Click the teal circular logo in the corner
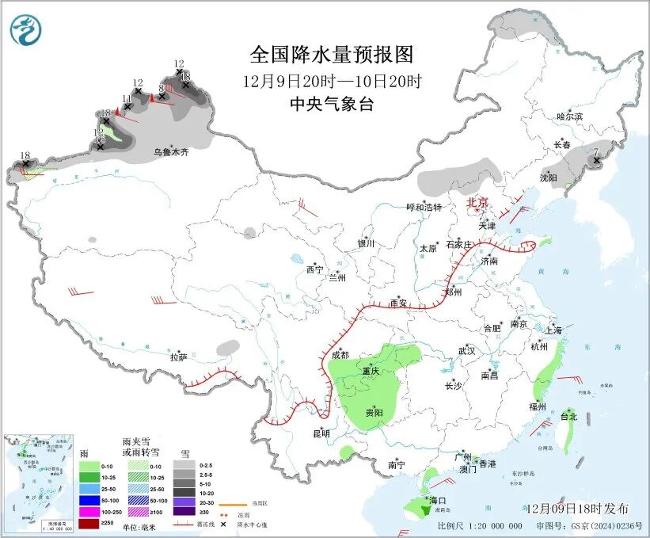(x=26, y=29)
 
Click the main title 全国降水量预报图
(x=332, y=55)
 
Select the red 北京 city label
(x=478, y=202)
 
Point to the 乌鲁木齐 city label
(x=171, y=151)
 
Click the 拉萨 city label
(x=178, y=357)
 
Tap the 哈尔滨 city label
(x=568, y=116)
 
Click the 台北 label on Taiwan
(x=568, y=416)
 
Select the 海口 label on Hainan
(x=439, y=501)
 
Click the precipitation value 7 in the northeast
(x=595, y=151)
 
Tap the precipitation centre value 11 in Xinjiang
(x=126, y=98)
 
